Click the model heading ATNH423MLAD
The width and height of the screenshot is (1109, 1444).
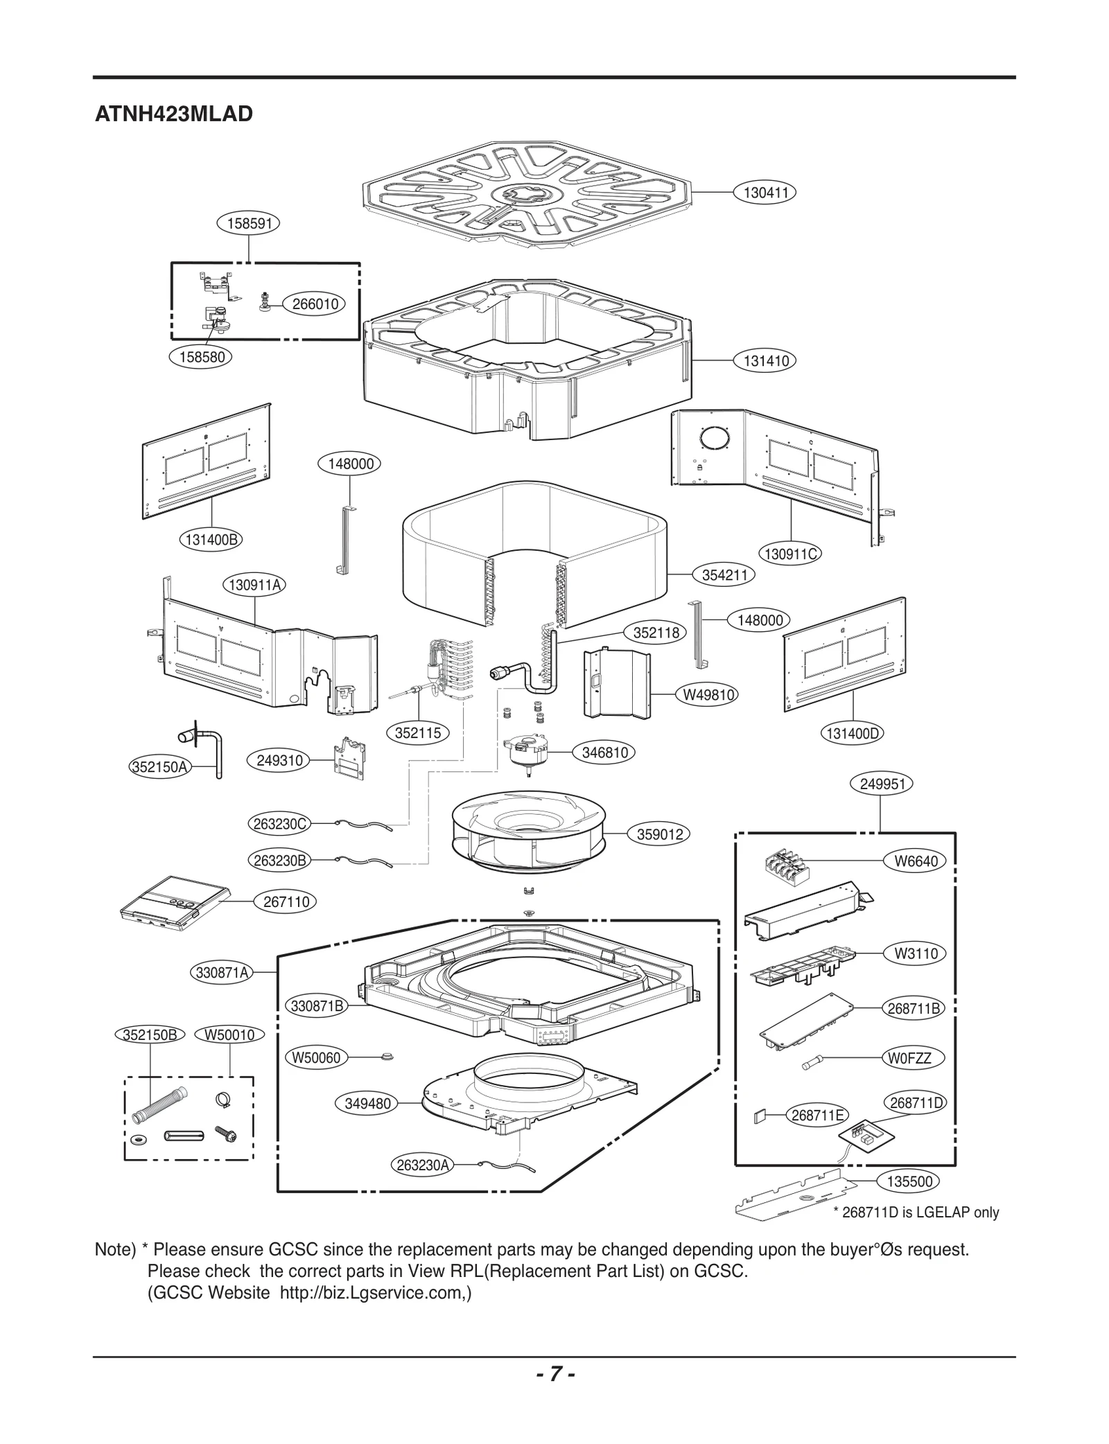click(x=173, y=114)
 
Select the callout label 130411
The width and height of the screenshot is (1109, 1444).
click(x=765, y=193)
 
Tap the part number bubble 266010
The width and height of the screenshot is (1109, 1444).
click(x=315, y=304)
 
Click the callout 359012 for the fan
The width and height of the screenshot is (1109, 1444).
click(x=660, y=834)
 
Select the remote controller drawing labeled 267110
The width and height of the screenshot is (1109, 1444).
click(x=173, y=901)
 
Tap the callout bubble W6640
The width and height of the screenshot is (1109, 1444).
click(x=916, y=861)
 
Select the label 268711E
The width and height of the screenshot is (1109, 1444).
click(x=817, y=1115)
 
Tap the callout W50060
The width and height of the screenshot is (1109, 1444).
click(x=316, y=1057)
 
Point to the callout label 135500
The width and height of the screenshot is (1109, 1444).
click(x=909, y=1181)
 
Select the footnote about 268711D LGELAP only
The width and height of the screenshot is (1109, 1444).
click(x=916, y=1212)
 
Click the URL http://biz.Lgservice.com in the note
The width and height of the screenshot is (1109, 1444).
click(x=374, y=1293)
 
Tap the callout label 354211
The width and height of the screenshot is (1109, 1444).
click(x=724, y=574)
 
